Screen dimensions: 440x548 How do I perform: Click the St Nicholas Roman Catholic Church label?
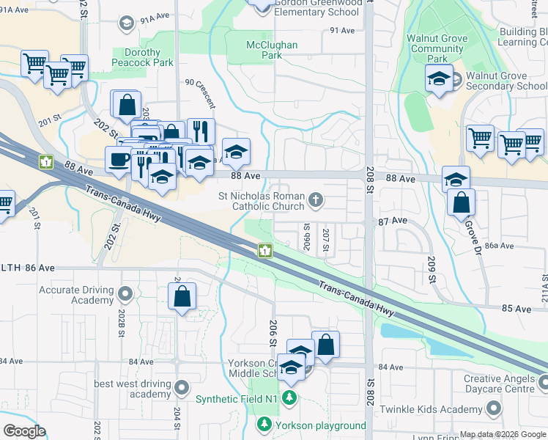(x=261, y=202)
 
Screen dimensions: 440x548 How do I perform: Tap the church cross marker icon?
(x=316, y=199)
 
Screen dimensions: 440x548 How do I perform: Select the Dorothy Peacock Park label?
(x=143, y=58)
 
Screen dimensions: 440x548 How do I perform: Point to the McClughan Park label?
(x=272, y=50)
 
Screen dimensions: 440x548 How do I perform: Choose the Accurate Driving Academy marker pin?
(x=125, y=295)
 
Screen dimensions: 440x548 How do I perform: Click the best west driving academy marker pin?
(x=182, y=386)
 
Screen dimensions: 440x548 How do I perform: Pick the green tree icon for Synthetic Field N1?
(x=290, y=397)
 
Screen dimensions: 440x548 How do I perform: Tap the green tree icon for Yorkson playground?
(x=264, y=425)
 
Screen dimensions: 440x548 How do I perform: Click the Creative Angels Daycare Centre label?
(x=500, y=383)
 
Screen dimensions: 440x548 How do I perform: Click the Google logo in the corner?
(x=24, y=431)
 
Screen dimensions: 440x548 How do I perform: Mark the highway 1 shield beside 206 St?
(x=264, y=252)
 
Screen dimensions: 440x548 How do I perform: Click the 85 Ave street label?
(x=517, y=309)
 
